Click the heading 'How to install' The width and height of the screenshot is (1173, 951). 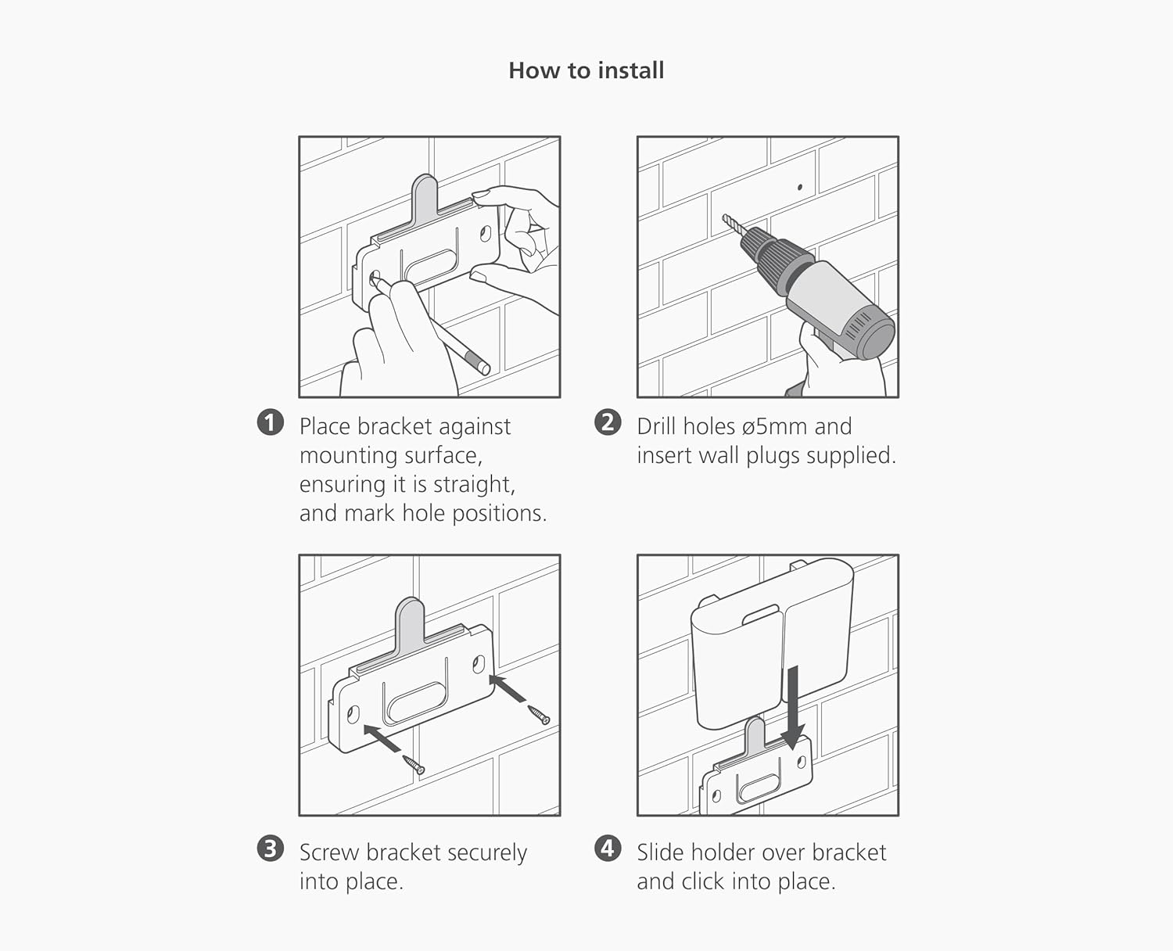pos(586,70)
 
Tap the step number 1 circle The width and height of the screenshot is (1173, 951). pos(271,423)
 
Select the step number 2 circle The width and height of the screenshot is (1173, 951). pos(608,423)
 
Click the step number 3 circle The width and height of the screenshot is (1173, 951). pos(271,849)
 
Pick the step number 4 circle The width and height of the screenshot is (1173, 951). pos(608,849)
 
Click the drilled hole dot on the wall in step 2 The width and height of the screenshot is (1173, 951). pos(800,188)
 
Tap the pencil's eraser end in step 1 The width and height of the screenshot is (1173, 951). pos(479,363)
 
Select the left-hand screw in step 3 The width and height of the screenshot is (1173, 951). pos(414,765)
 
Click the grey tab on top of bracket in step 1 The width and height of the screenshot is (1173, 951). pos(425,197)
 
